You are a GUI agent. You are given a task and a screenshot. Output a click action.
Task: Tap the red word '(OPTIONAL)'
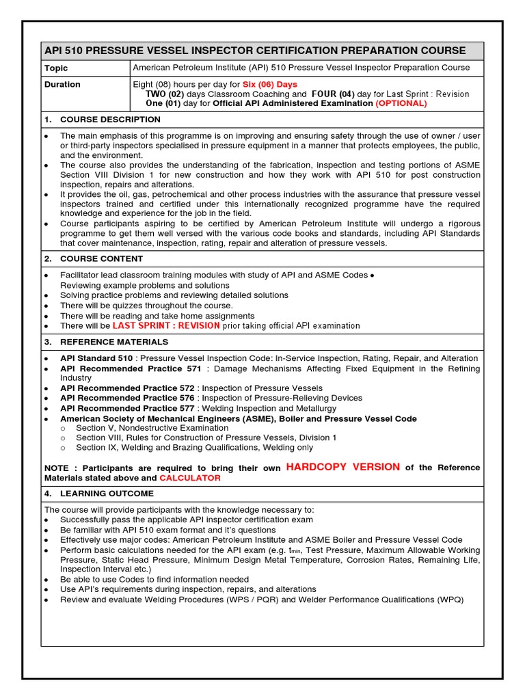tap(401, 103)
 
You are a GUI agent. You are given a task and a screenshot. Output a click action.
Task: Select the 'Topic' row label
tap(56, 68)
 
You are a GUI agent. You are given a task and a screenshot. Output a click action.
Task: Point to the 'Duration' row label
tap(62, 84)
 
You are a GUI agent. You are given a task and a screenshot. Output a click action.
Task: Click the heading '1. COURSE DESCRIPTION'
tap(103, 120)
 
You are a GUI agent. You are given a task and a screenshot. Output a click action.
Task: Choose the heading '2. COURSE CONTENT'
tap(94, 259)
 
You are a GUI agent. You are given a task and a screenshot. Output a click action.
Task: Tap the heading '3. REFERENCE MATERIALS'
tap(106, 342)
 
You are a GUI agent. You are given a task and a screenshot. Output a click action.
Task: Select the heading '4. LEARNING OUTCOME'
tap(99, 494)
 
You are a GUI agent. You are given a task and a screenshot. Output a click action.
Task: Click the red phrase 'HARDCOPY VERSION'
tap(343, 467)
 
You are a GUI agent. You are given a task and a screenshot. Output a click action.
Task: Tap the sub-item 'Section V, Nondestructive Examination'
tap(152, 428)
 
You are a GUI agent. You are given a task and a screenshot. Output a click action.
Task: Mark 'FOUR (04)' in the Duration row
tap(333, 94)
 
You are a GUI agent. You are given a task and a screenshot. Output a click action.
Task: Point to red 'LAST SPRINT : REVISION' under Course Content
tap(166, 326)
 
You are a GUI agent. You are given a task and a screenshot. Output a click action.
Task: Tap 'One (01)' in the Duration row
tap(163, 103)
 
